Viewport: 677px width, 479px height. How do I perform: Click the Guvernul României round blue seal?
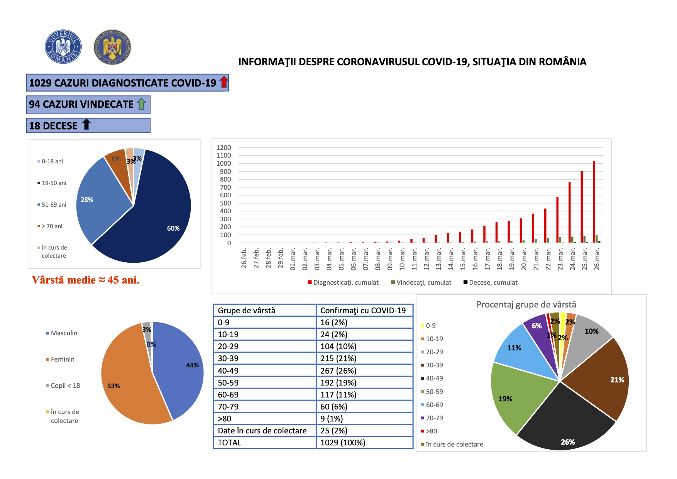[x=63, y=47]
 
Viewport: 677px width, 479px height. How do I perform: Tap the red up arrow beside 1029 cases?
[x=224, y=82]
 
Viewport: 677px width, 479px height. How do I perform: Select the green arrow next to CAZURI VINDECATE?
[x=142, y=104]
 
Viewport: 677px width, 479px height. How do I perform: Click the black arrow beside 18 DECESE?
[x=87, y=124]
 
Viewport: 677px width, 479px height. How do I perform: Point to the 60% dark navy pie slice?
[x=154, y=216]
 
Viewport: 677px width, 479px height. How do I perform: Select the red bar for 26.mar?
[x=594, y=202]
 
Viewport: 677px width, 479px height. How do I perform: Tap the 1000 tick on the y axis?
[x=223, y=163]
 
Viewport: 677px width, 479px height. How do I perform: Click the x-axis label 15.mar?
[x=463, y=259]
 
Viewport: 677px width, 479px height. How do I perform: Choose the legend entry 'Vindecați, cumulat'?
[x=421, y=282]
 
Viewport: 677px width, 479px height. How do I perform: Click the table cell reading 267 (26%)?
[x=338, y=371]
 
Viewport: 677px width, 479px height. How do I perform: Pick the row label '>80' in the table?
[x=225, y=419]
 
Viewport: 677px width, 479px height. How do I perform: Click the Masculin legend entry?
[x=61, y=333]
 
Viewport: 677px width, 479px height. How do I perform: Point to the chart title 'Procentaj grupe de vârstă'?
[x=526, y=304]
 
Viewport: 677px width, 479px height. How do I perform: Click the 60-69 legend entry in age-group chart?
[x=432, y=405]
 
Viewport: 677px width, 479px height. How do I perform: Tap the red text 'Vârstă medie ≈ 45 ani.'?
[x=86, y=280]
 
